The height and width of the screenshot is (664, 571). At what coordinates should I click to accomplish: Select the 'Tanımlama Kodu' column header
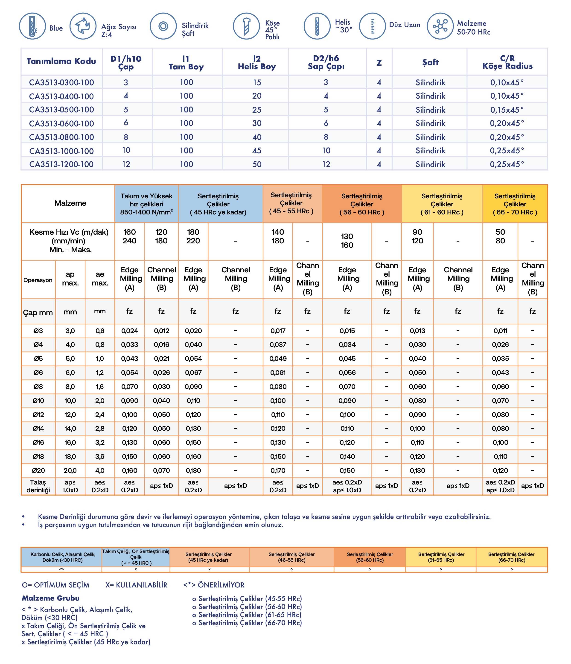(61, 61)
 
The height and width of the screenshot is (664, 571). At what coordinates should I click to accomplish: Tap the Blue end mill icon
(32, 26)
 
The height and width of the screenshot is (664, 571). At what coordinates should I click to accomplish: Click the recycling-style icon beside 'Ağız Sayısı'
(83, 26)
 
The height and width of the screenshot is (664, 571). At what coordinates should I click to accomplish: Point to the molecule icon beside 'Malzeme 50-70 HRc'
(440, 26)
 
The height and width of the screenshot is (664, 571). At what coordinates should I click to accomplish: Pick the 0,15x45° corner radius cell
(507, 110)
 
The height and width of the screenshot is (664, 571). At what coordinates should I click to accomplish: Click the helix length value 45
(257, 151)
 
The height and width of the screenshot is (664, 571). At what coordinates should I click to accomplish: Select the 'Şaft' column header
(430, 62)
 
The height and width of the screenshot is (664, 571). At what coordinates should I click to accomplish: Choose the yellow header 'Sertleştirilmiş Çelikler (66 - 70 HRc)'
(515, 204)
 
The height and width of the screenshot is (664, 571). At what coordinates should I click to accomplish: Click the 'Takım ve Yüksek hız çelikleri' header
(146, 204)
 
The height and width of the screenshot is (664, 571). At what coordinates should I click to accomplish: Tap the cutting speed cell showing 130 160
(347, 241)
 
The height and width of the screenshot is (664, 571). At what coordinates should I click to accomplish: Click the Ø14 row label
(38, 428)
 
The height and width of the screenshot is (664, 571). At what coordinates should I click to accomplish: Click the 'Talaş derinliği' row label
(38, 486)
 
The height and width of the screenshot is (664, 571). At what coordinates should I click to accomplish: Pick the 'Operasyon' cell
(38, 280)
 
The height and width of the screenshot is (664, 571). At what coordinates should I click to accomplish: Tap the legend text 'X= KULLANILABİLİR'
(136, 585)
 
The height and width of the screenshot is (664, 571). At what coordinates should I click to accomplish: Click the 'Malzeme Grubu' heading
(51, 598)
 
